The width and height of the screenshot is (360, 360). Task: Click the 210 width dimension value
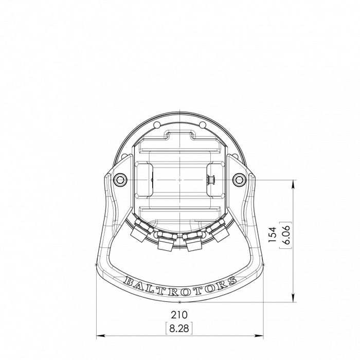click(179, 314)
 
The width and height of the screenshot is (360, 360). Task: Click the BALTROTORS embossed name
click(180, 282)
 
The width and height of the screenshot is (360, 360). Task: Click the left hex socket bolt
click(120, 179)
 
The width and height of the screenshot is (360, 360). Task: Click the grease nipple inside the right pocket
click(211, 179)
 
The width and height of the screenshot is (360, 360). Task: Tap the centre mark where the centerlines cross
click(179, 179)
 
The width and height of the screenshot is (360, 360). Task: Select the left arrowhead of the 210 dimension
click(99, 336)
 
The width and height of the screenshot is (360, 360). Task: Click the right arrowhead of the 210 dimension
click(261, 336)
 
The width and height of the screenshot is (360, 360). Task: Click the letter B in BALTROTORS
click(128, 280)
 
